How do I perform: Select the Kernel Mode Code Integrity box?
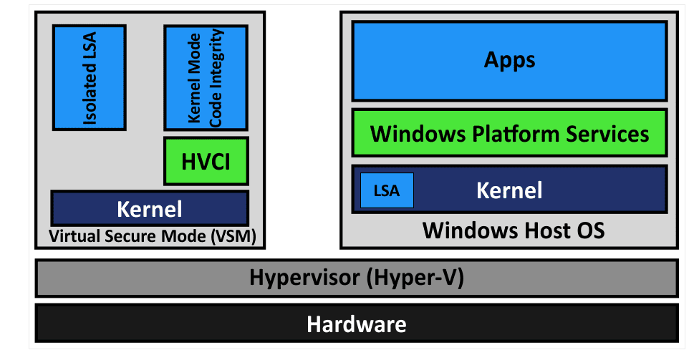(x=206, y=77)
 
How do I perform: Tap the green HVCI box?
(x=206, y=161)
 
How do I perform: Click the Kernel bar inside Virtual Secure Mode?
(x=149, y=208)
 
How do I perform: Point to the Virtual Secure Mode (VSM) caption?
(x=153, y=235)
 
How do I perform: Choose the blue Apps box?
(x=509, y=60)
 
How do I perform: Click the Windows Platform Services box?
(x=509, y=133)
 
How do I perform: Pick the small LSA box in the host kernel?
(x=387, y=191)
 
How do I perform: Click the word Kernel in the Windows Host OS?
(x=509, y=190)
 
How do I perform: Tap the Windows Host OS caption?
(x=513, y=230)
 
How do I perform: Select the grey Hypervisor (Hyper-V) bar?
(x=356, y=278)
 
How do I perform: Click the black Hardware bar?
(x=356, y=323)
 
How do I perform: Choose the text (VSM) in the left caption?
(x=234, y=235)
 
